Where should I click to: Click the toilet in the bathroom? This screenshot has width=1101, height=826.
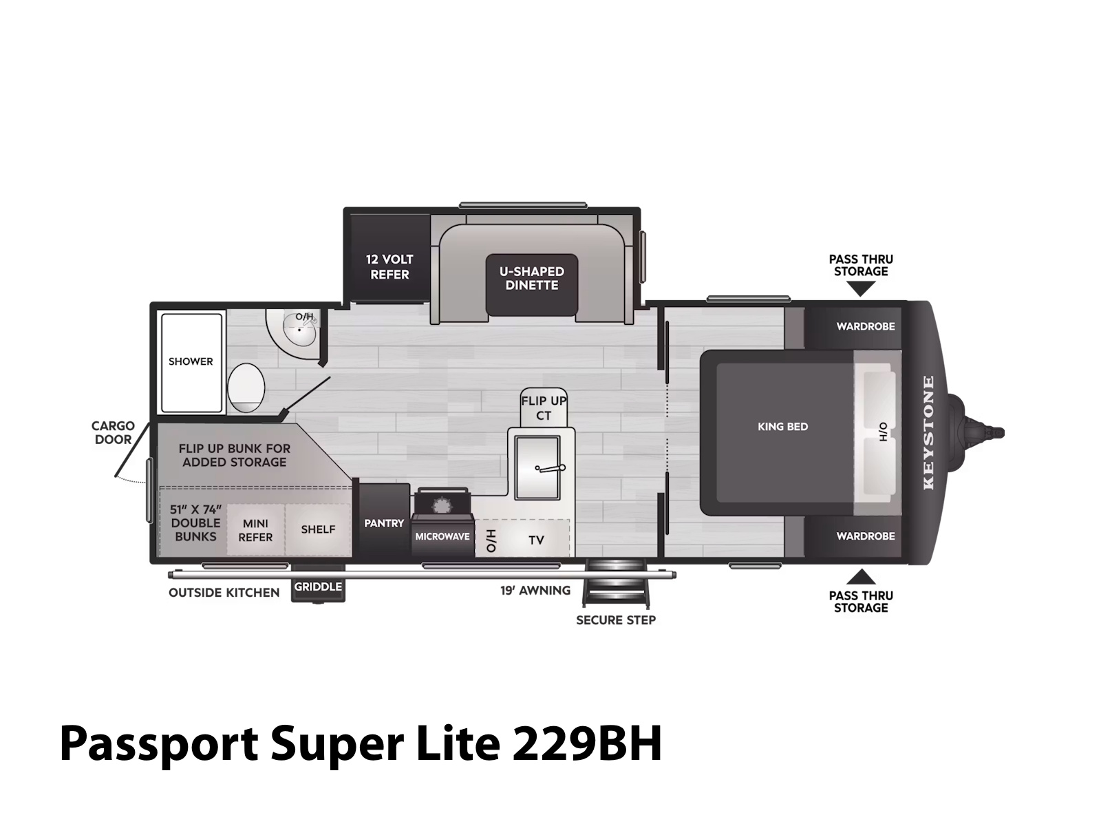click(246, 387)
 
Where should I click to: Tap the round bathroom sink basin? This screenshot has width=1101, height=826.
click(299, 330)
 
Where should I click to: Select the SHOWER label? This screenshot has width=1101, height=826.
click(191, 361)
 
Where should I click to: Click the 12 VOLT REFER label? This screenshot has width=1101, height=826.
click(389, 267)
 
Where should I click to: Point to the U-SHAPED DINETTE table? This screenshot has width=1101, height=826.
click(532, 284)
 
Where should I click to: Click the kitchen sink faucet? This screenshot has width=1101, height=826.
click(550, 469)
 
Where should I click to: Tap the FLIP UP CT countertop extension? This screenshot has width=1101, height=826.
click(544, 407)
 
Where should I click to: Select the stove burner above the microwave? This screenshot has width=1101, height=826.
click(441, 505)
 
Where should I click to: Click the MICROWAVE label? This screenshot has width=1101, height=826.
click(442, 536)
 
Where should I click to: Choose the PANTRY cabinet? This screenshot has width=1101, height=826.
click(384, 520)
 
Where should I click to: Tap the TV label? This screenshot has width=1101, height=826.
click(536, 540)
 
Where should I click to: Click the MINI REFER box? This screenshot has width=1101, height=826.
click(256, 529)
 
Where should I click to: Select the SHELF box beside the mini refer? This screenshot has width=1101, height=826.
click(318, 529)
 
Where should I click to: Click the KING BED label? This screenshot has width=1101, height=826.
click(782, 426)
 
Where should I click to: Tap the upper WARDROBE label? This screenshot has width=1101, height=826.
click(865, 326)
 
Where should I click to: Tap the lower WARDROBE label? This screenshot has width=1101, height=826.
click(865, 536)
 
